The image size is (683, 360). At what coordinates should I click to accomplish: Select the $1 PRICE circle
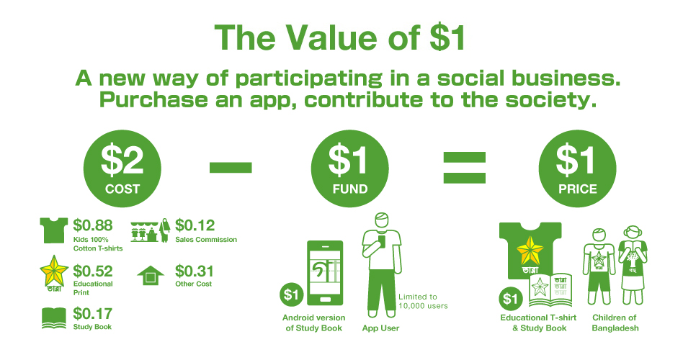pyautogui.click(x=576, y=170)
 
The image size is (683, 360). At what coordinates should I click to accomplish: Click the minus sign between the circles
pyautogui.click(x=231, y=168)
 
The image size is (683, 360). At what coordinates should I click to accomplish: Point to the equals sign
pyautogui.click(x=463, y=168)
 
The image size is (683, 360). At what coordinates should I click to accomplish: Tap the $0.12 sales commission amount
pyautogui.click(x=195, y=225)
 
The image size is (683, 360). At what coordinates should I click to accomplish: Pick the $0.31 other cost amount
pyautogui.click(x=195, y=271)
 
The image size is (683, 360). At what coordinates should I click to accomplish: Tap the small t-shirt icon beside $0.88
pyautogui.click(x=53, y=232)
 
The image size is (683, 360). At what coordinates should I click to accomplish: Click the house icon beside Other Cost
pyautogui.click(x=151, y=275)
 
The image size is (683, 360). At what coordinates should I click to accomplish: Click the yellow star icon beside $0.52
pyautogui.click(x=53, y=274)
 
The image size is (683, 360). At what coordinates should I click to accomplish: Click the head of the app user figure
pyautogui.click(x=383, y=221)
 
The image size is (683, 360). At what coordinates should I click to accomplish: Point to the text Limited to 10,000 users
pyautogui.click(x=423, y=301)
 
